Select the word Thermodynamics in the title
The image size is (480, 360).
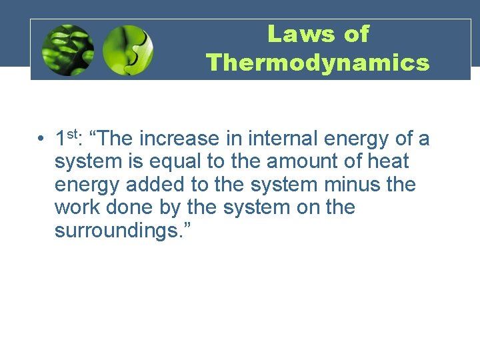pos(317,63)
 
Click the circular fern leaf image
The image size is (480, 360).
pos(67,50)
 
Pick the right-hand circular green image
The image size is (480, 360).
pos(128,50)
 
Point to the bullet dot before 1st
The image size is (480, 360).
pos(41,139)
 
